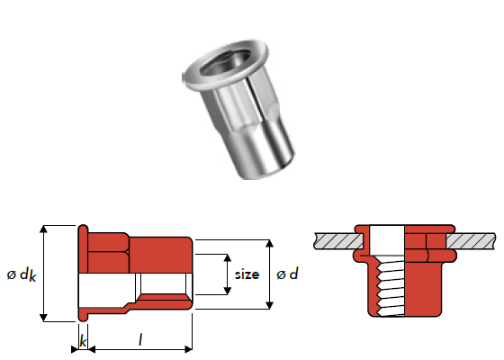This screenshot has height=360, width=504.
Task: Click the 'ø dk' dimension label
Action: [22, 275]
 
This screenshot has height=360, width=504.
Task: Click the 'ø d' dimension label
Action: [287, 274]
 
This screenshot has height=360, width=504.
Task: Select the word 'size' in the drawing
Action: [247, 274]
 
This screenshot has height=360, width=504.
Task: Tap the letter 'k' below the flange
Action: [83, 341]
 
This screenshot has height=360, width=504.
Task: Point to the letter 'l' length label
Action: [140, 340]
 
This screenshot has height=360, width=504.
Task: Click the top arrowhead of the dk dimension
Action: [43, 229]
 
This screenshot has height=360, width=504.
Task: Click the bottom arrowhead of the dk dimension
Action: [43, 318]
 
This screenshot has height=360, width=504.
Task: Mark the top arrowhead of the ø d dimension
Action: [270, 243]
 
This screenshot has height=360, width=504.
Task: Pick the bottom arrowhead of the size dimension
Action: [227, 291]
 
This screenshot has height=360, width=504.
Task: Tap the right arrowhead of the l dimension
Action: [188, 349]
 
